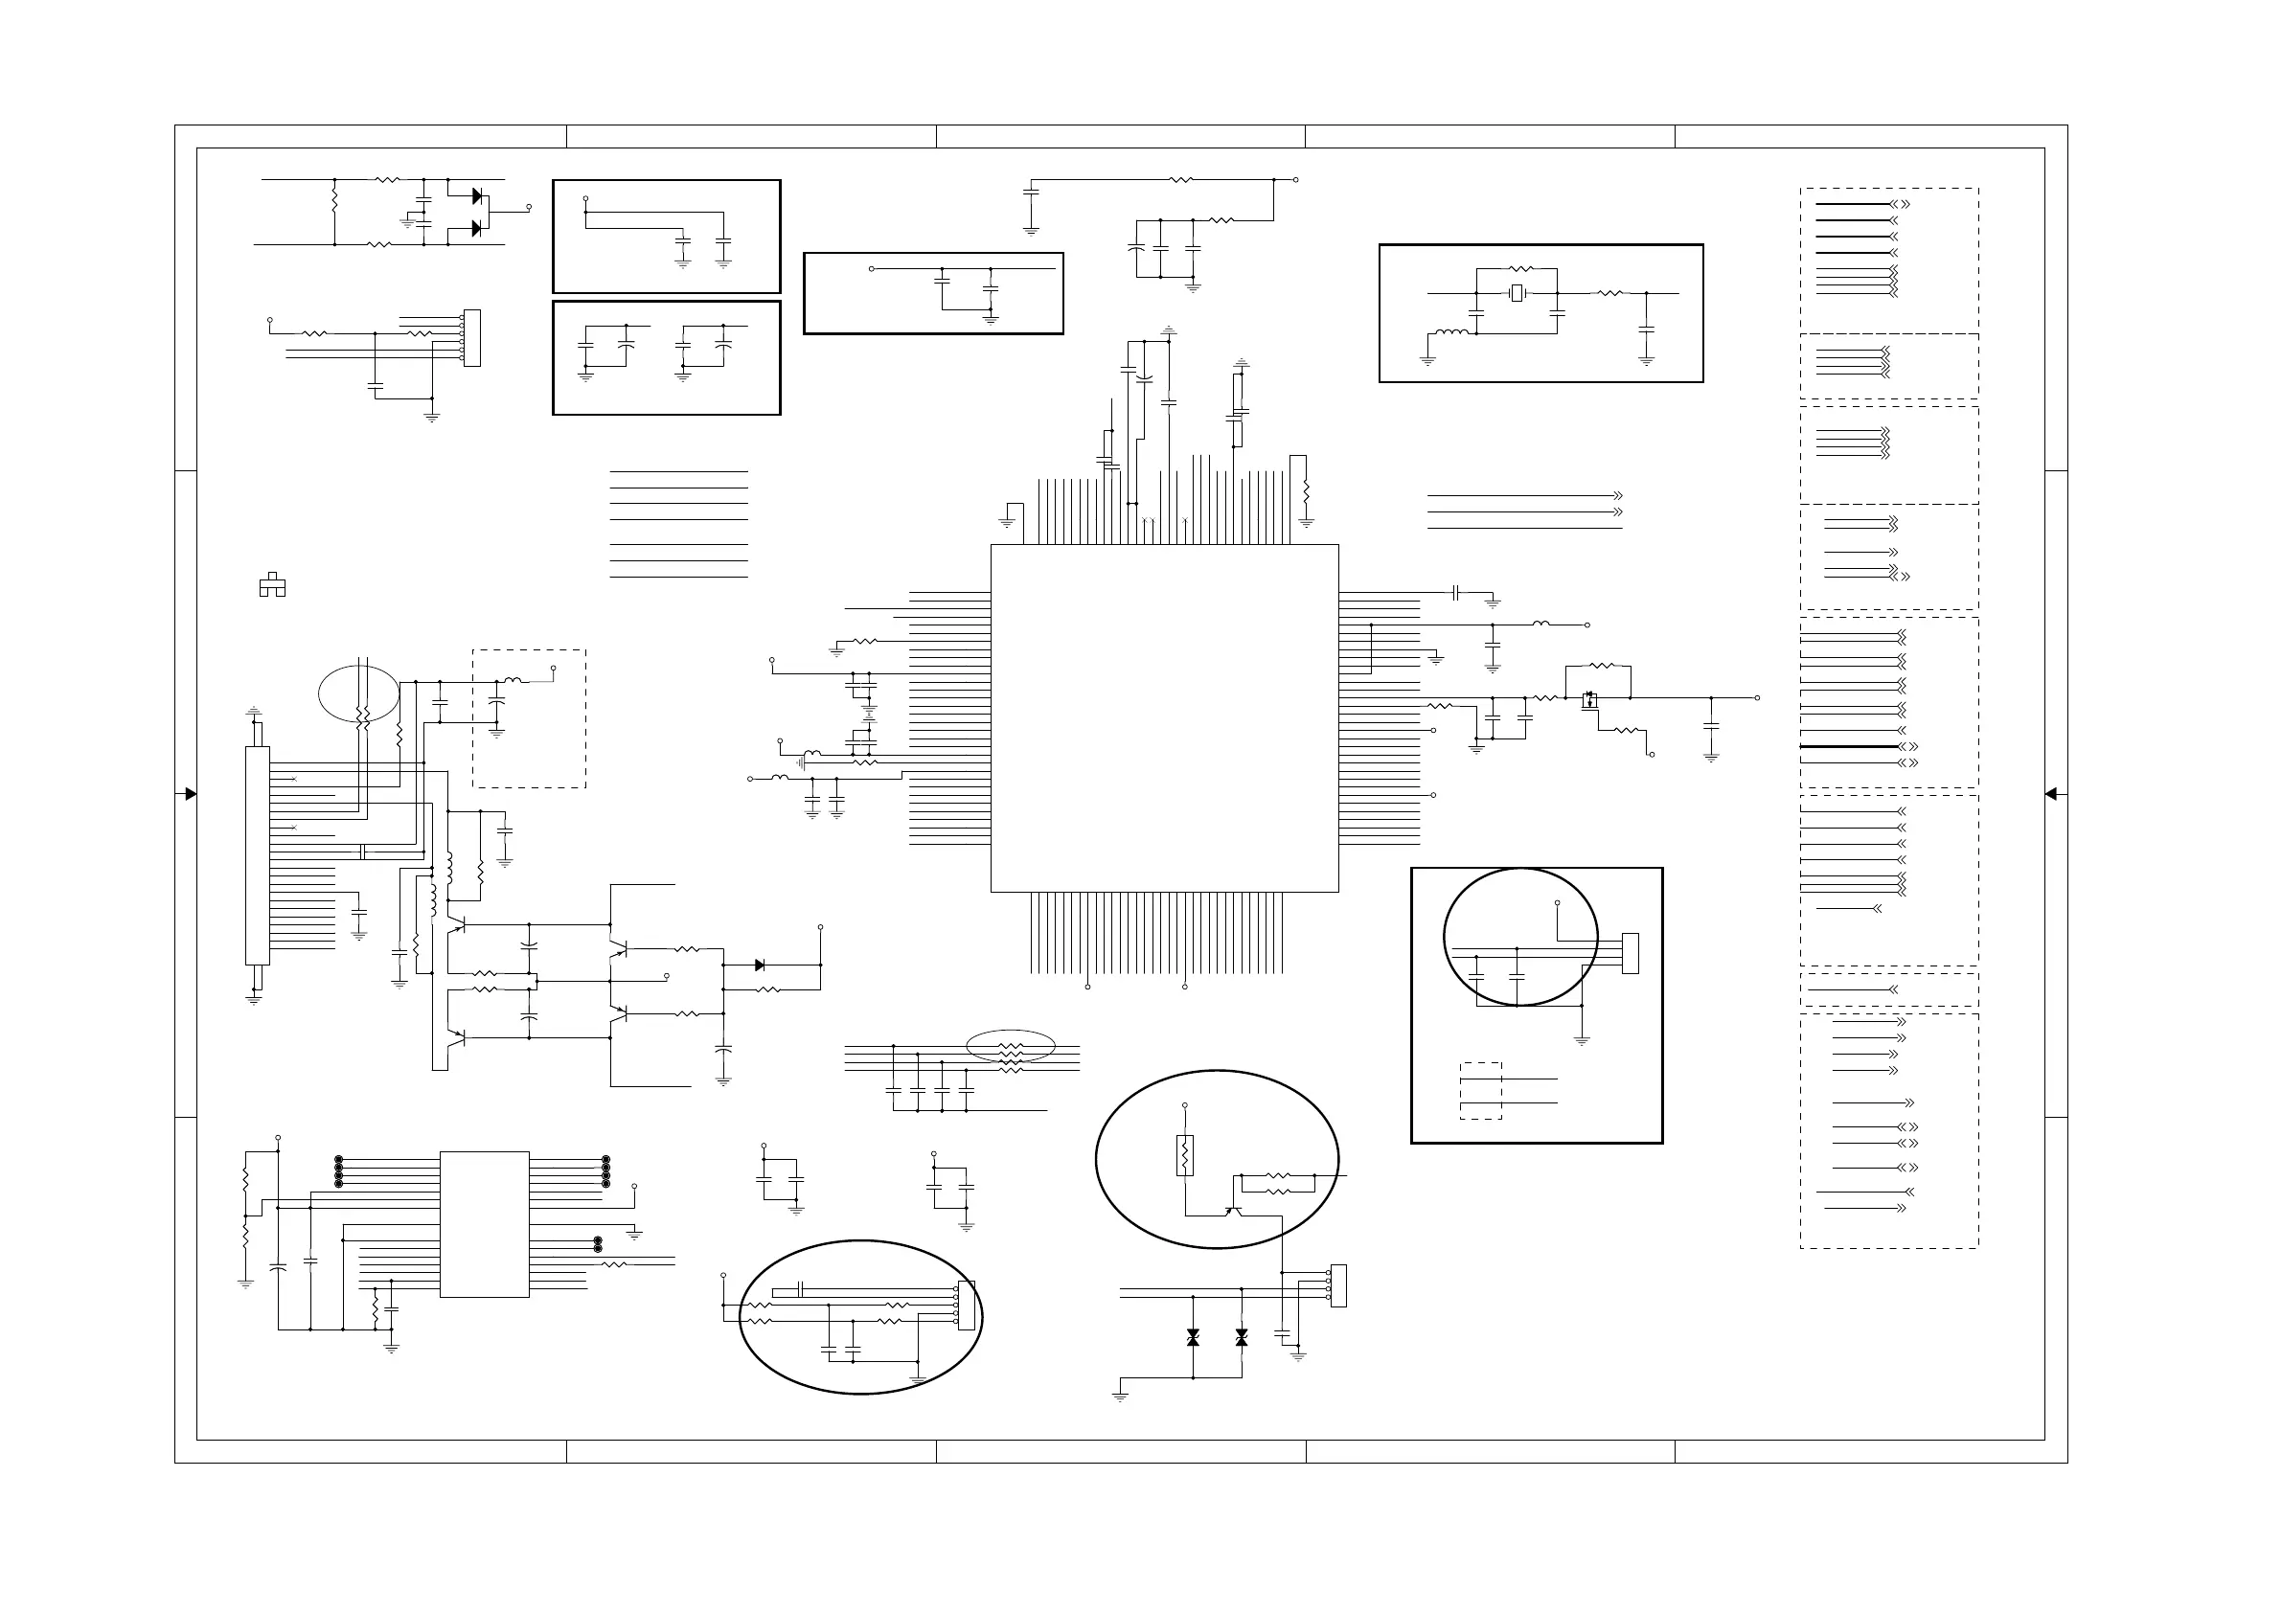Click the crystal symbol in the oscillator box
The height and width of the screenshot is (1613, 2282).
1517,292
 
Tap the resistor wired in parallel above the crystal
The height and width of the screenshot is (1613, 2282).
1520,268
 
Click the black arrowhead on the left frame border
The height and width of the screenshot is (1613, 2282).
191,794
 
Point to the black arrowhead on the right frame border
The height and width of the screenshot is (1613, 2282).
2050,794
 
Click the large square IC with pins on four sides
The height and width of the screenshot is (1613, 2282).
1164,717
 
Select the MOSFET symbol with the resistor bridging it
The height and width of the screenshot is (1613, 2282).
1589,699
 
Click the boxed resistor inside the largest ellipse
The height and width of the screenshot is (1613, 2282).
1185,1156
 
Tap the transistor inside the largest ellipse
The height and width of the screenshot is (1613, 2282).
1233,1209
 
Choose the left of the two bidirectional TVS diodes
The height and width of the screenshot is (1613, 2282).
1193,1339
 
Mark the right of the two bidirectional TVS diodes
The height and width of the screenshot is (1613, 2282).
1242,1339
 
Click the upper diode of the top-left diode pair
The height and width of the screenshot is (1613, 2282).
477,195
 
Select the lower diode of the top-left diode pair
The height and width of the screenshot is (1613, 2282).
477,229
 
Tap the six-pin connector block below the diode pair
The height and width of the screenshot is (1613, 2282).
472,338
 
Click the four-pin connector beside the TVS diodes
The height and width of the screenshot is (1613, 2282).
1337,1285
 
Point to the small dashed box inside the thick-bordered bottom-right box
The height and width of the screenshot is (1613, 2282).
1480,1091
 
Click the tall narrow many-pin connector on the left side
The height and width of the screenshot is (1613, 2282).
258,855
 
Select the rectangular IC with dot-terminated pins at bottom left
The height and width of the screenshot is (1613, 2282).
484,1224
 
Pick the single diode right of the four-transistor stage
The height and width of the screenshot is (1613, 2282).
760,965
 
